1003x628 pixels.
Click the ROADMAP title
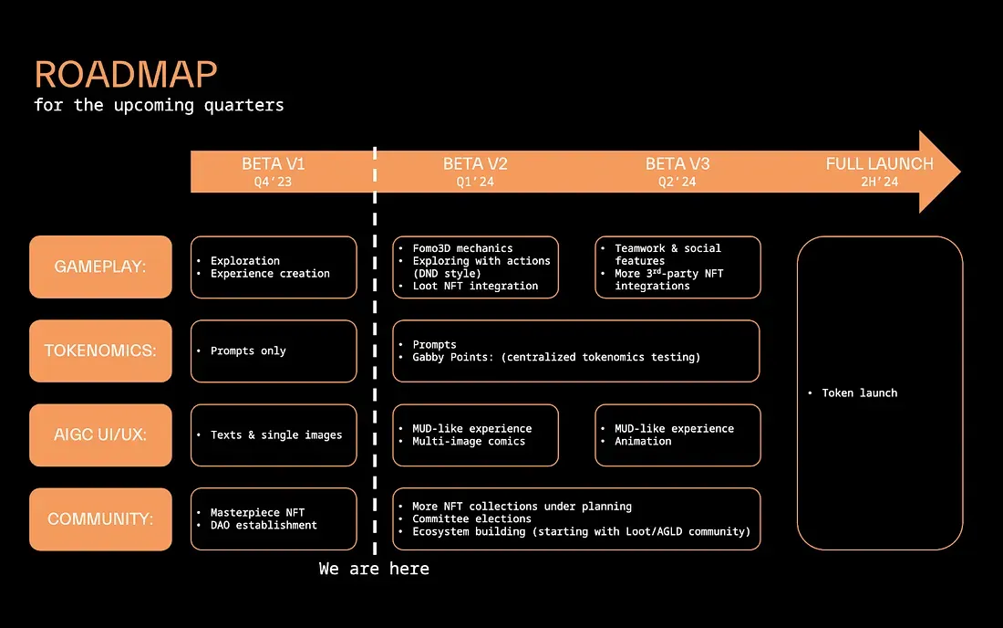[x=126, y=75]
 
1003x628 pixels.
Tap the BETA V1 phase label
[x=274, y=164]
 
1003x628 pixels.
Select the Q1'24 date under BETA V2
[x=475, y=183]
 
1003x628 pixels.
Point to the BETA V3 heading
[x=677, y=164]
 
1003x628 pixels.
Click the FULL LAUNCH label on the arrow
[x=879, y=164]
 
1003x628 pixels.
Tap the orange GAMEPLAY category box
[x=100, y=267]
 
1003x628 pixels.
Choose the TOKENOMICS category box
[x=100, y=351]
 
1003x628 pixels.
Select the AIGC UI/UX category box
[x=100, y=434]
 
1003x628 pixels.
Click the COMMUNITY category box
[x=100, y=518]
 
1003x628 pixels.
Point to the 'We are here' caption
[x=374, y=569]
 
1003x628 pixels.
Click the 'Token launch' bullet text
[x=859, y=392]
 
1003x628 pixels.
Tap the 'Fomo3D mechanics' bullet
[x=462, y=248]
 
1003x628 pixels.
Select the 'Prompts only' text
[x=248, y=351]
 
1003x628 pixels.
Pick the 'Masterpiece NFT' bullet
[x=257, y=513]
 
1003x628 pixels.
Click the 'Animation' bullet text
[x=643, y=441]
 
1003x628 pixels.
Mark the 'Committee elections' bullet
[x=471, y=518]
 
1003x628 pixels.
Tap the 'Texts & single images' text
[x=276, y=434]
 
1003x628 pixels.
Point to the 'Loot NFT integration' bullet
[x=475, y=286]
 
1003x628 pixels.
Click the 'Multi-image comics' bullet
[x=469, y=441]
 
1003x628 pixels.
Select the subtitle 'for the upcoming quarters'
[x=159, y=105]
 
